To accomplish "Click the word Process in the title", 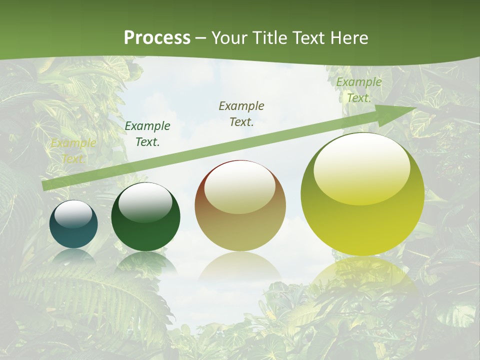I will tap(157, 38).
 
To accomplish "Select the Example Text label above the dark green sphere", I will tap(147, 134).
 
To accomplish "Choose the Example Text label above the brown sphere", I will tap(241, 113).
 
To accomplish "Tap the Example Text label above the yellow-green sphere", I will tap(359, 90).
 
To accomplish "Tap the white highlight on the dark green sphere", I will tap(145, 202).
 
